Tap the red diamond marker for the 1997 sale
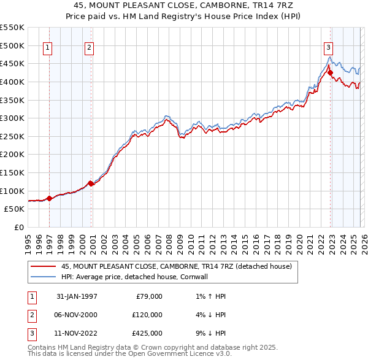point(49,198)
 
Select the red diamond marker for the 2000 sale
point(91,183)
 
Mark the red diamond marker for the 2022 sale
point(330,72)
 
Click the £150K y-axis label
point(12,172)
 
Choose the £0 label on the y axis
point(18,227)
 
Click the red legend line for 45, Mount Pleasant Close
point(44,266)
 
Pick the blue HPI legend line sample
point(44,277)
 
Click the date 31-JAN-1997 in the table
point(76,296)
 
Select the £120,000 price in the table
point(148,315)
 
